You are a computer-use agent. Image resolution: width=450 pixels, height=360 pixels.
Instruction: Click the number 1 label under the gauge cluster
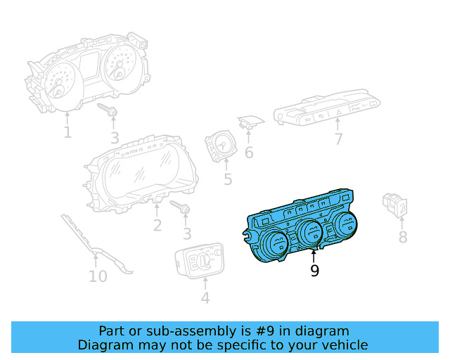(x=67, y=131)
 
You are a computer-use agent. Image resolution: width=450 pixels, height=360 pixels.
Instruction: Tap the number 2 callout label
(x=157, y=225)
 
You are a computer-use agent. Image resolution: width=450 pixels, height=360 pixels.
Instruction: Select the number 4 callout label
(x=205, y=298)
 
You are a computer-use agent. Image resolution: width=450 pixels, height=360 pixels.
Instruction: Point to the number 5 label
(x=228, y=180)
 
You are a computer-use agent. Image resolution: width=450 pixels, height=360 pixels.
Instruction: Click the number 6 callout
(x=249, y=152)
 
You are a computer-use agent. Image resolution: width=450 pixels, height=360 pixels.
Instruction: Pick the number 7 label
(x=338, y=139)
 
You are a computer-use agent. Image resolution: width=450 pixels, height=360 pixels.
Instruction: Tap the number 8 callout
(x=403, y=237)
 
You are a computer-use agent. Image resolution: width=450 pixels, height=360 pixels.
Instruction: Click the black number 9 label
(x=314, y=271)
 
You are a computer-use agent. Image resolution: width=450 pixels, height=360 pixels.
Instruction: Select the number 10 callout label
(x=98, y=276)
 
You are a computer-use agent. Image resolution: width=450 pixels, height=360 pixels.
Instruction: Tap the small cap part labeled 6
(x=247, y=123)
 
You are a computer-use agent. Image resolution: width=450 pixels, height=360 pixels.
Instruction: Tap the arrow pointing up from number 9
(x=314, y=255)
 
